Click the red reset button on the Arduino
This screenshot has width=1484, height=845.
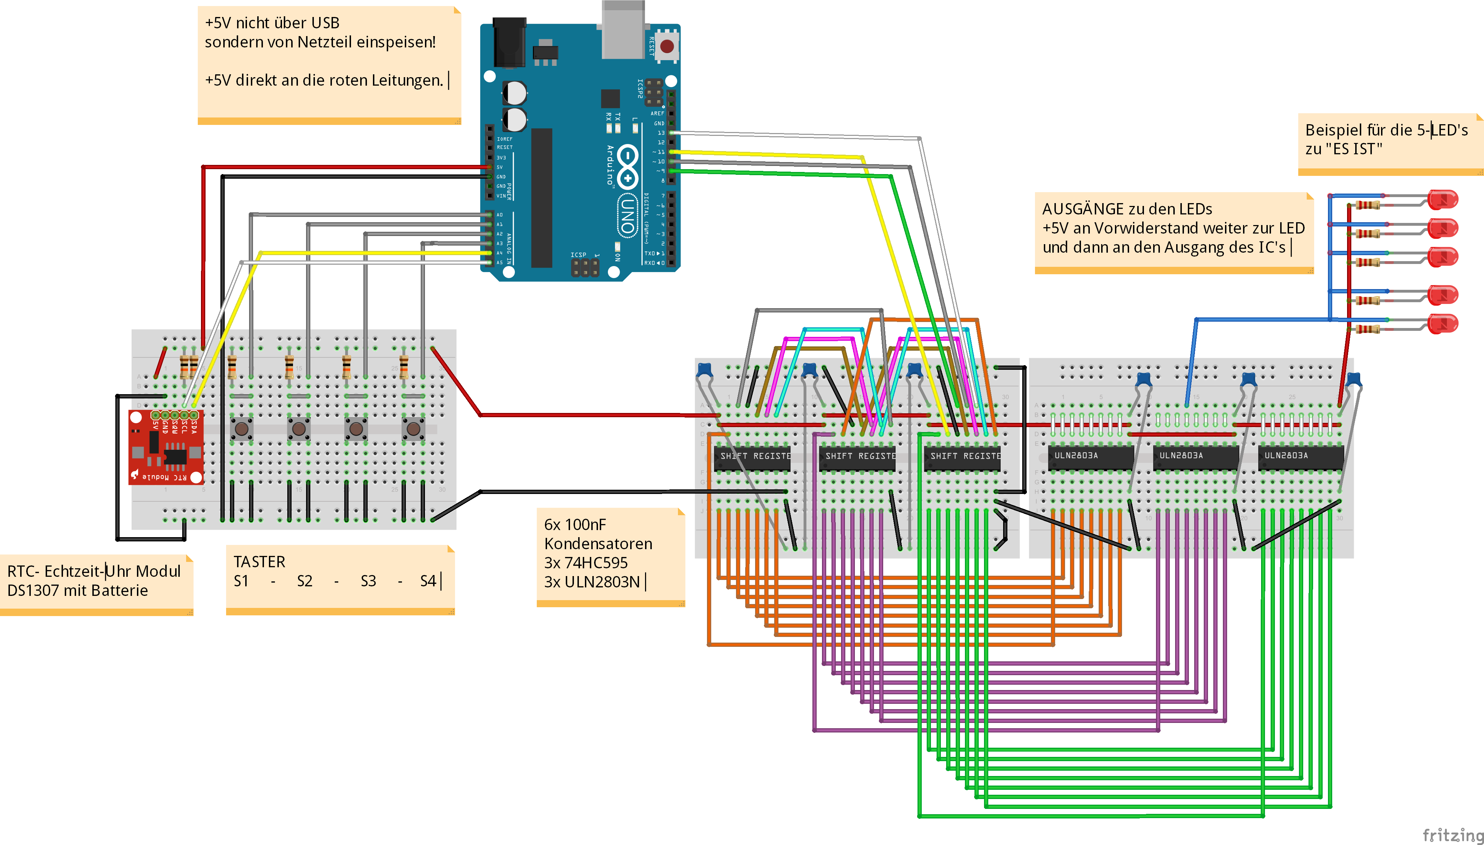coord(667,46)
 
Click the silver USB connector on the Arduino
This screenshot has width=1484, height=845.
coord(623,29)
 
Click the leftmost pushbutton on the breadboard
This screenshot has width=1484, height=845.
coord(241,429)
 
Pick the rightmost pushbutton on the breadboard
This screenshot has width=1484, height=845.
coord(413,429)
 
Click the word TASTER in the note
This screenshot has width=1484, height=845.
coord(259,562)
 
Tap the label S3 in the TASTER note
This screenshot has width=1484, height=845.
coord(368,581)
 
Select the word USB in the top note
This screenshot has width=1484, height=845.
coord(325,23)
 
